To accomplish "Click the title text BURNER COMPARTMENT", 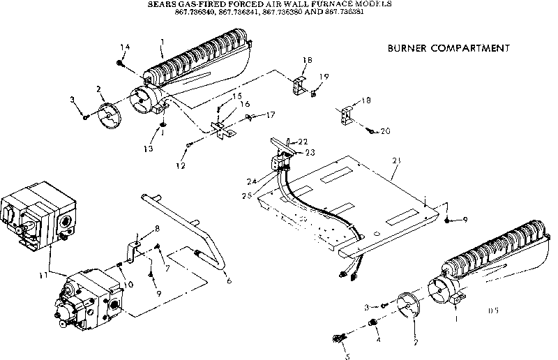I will (x=448, y=49).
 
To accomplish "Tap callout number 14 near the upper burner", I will (x=126, y=47).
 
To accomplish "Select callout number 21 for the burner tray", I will (x=397, y=161).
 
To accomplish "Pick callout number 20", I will (x=386, y=130).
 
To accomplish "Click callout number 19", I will (x=324, y=77).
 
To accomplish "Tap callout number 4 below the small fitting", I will (x=378, y=341).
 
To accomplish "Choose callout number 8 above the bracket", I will (x=157, y=229).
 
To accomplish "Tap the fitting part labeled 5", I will (x=340, y=339).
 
